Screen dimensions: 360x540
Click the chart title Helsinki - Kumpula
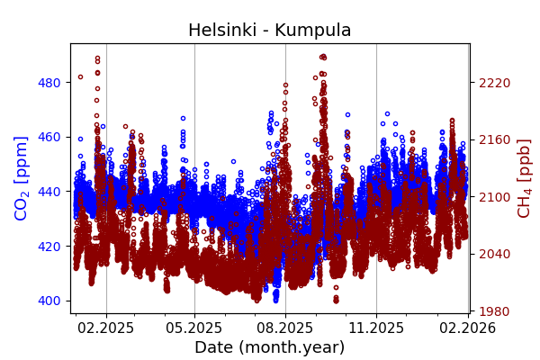pos(269,31)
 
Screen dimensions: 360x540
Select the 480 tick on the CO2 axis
pos(49,83)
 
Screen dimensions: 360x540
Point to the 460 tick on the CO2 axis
pos(49,137)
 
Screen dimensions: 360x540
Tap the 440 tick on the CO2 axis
pos(49,192)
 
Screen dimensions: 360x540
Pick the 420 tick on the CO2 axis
pos(49,246)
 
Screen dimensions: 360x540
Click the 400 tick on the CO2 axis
pos(49,301)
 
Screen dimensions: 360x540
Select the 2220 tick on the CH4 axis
pos(494,83)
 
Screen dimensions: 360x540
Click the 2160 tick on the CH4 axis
pos(494,139)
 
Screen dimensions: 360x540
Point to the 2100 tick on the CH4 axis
pos(494,197)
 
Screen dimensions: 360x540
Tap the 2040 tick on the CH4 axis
pos(494,254)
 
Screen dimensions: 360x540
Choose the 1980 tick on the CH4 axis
pos(494,311)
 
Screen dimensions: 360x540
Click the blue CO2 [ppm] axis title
pos(22,178)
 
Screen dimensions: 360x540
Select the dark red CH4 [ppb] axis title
pos(525,178)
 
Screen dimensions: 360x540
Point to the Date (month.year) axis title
pos(269,347)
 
